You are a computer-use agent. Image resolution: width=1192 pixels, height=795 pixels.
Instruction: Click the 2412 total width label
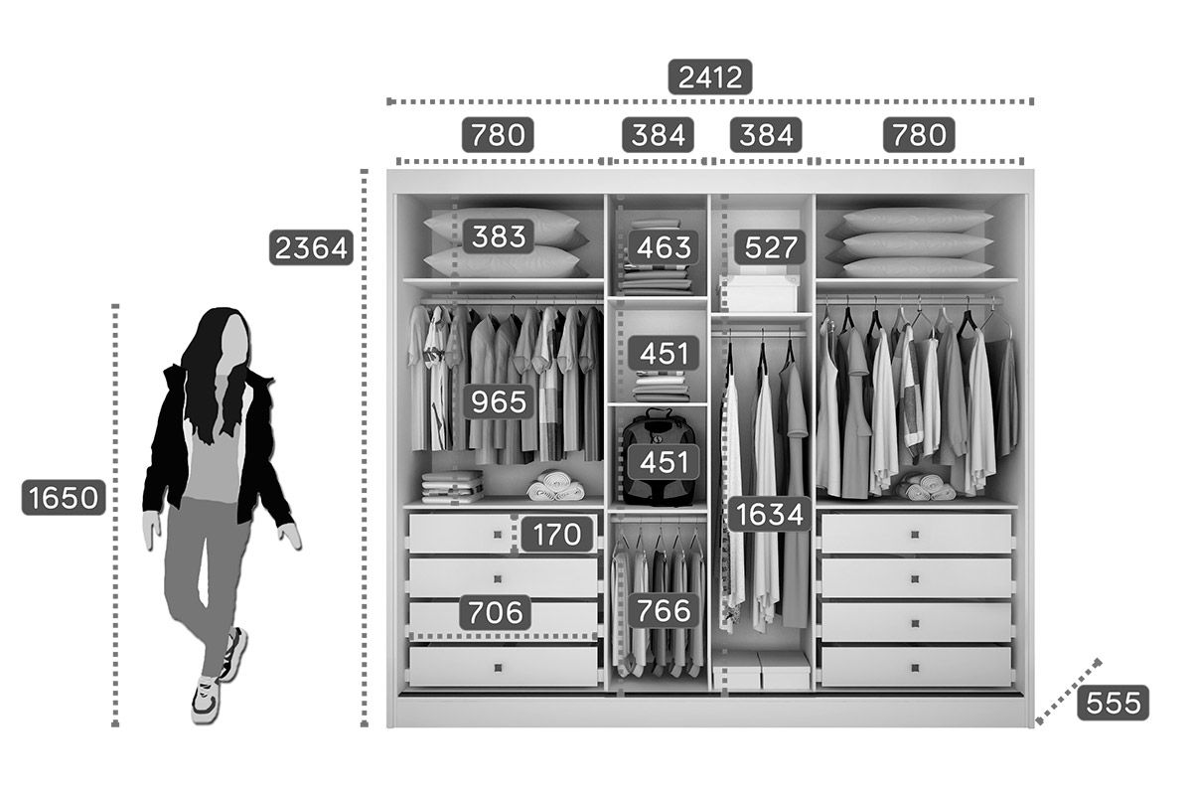pos(710,77)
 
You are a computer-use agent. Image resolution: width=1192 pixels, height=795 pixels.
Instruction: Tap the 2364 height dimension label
pos(311,247)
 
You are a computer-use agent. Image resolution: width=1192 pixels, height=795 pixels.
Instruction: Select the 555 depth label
pos(1114,703)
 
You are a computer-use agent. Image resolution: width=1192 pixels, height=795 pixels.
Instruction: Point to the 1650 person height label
pos(64,497)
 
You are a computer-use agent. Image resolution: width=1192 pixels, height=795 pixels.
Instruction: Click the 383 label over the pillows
pos(499,236)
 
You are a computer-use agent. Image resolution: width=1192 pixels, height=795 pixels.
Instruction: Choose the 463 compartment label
pos(664,246)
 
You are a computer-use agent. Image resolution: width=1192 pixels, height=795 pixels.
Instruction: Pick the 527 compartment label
pos(771,246)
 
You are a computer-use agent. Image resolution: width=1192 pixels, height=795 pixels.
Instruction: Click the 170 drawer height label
pos(557,534)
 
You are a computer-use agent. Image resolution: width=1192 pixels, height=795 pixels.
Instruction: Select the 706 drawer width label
pos(496,612)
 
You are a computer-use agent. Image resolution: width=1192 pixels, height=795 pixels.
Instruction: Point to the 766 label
pos(664,610)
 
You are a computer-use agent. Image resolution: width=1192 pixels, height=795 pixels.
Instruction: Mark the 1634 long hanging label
pos(770,514)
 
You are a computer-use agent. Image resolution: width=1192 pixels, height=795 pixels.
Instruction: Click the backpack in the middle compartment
pos(659,458)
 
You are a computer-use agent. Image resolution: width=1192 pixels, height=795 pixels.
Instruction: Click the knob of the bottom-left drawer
pos(498,668)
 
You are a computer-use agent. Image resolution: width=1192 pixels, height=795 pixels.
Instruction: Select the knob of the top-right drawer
pos(915,534)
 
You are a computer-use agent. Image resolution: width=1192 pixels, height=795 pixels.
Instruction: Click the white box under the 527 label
pos(761,292)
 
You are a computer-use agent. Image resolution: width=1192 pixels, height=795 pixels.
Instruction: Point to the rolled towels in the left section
pos(556,486)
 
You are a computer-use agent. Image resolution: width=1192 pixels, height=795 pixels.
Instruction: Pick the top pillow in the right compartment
pos(918,220)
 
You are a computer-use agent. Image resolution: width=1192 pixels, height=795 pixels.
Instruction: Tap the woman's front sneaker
pos(206,701)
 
